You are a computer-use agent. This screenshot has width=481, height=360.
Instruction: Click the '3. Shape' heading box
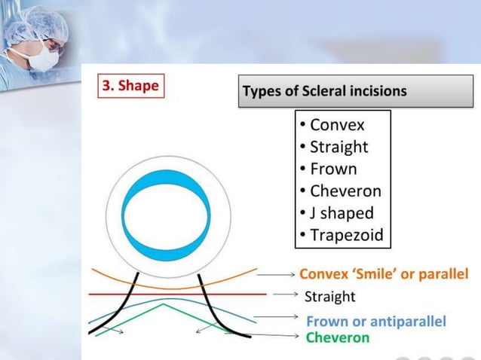(130, 86)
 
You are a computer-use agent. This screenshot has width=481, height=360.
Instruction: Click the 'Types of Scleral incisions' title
(325, 91)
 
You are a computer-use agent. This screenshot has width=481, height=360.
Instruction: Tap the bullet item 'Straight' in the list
(339, 146)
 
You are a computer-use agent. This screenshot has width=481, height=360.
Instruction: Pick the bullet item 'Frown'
(332, 169)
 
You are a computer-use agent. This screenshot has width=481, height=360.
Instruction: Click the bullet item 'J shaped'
(341, 213)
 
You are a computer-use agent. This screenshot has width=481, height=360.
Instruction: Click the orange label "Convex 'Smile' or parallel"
(384, 273)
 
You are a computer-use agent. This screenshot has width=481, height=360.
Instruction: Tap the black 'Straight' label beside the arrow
(329, 296)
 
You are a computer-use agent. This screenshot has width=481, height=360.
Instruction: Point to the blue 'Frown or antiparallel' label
(375, 322)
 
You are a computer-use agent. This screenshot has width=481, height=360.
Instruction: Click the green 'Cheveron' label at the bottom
(338, 337)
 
